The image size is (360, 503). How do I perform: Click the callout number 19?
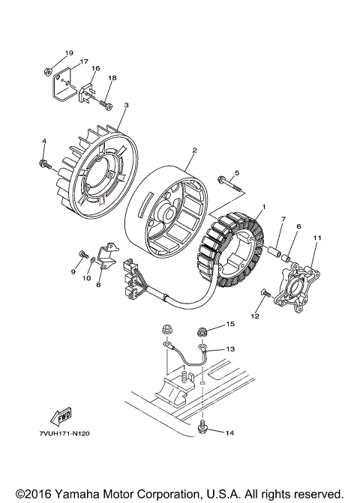point(68,53)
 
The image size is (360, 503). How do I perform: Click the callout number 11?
point(317,238)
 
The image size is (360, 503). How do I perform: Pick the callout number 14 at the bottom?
point(208,433)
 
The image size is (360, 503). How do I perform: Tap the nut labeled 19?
point(46,72)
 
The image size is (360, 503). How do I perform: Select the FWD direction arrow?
point(61,414)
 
